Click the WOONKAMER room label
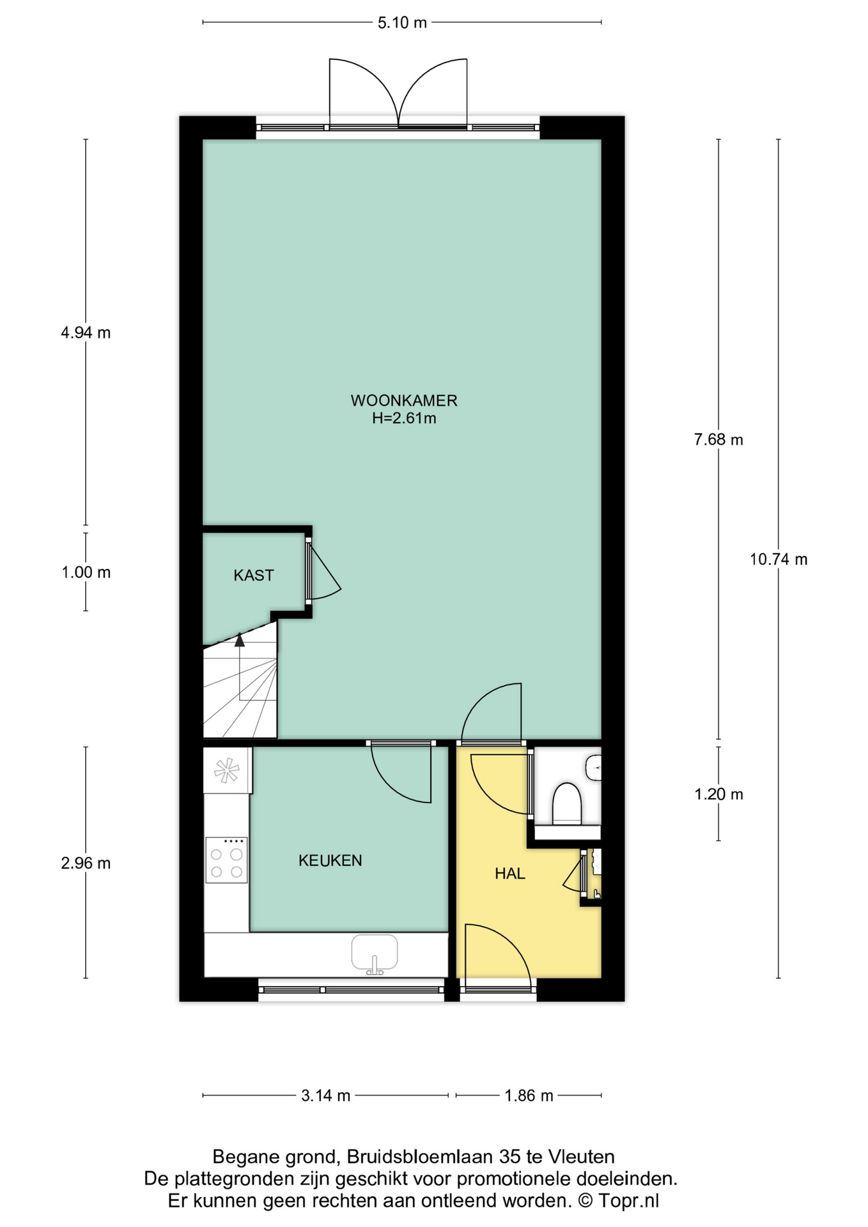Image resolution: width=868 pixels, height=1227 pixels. (404, 401)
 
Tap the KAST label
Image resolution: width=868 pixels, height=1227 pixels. (254, 575)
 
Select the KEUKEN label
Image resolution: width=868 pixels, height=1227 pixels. (330, 860)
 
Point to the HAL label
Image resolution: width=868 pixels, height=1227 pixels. (510, 874)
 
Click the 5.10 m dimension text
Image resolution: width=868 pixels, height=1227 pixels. (402, 23)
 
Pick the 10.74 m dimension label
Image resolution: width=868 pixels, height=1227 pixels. (779, 560)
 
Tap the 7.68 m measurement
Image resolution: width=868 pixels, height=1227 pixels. (718, 440)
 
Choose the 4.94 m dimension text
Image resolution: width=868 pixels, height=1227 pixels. (86, 332)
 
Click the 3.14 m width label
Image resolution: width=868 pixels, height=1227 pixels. (326, 1095)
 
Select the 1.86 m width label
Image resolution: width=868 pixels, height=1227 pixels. (529, 1095)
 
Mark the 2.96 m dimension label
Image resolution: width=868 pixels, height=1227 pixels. (86, 863)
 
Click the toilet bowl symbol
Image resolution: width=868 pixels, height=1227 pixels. (567, 803)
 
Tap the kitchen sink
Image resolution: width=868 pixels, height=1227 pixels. (375, 954)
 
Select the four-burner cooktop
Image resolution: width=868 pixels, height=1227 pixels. (226, 860)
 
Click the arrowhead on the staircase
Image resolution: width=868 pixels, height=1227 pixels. (240, 639)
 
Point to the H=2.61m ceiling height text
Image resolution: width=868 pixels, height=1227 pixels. (404, 419)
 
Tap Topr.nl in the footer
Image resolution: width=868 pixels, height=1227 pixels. (628, 1200)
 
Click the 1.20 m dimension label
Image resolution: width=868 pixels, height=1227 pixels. (718, 794)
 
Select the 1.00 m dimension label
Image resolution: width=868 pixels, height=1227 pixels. (86, 573)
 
